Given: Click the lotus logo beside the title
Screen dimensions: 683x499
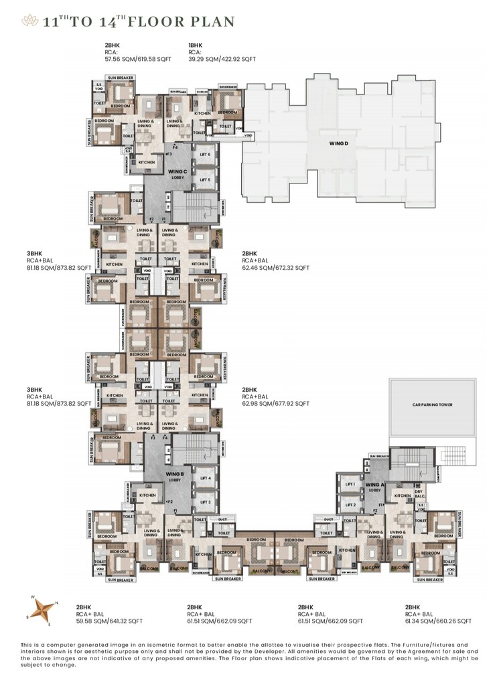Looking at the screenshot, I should pyautogui.click(x=28, y=21).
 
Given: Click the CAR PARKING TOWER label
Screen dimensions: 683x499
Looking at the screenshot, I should pyautogui.click(x=432, y=405).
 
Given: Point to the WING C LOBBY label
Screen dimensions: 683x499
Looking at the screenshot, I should pyautogui.click(x=177, y=174).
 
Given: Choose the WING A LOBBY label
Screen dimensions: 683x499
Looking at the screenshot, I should pyautogui.click(x=374, y=487).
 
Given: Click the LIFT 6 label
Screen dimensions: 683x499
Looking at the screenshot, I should pyautogui.click(x=205, y=155).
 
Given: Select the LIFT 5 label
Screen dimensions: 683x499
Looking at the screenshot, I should pyautogui.click(x=205, y=179).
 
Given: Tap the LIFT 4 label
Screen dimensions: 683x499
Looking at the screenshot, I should pyautogui.click(x=205, y=478).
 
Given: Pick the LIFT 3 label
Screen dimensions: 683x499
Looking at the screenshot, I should pyautogui.click(x=205, y=502).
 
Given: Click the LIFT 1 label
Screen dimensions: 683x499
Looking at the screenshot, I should pyautogui.click(x=349, y=484).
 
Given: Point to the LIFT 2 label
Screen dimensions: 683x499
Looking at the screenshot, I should pyautogui.click(x=349, y=505).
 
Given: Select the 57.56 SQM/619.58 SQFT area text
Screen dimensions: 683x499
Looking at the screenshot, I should pyautogui.click(x=138, y=59).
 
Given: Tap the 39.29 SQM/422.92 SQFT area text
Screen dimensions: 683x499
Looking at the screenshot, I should pyautogui.click(x=222, y=59).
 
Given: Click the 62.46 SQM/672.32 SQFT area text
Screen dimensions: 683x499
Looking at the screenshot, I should pyautogui.click(x=275, y=267).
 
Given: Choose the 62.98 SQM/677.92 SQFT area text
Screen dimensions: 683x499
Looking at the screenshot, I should pyautogui.click(x=275, y=404).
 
